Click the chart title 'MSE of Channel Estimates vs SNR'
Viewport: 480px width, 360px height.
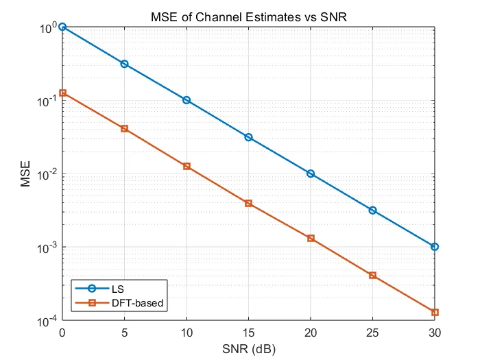248,16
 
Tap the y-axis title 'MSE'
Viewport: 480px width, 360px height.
25,174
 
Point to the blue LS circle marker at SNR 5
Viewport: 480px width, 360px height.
124,64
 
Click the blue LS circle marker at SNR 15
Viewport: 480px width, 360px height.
248,137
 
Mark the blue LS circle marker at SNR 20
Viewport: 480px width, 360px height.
311,173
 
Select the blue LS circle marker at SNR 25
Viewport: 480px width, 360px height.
372,211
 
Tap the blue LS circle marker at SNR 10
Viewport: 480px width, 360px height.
187,100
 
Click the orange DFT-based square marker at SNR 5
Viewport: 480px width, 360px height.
124,129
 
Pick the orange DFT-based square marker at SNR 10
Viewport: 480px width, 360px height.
187,166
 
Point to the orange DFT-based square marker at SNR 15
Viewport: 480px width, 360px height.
248,203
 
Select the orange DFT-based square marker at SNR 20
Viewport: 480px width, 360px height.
311,239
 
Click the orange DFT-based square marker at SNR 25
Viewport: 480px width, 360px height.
372,276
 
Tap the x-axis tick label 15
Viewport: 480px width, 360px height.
248,333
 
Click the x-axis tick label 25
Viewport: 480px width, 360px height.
372,333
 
